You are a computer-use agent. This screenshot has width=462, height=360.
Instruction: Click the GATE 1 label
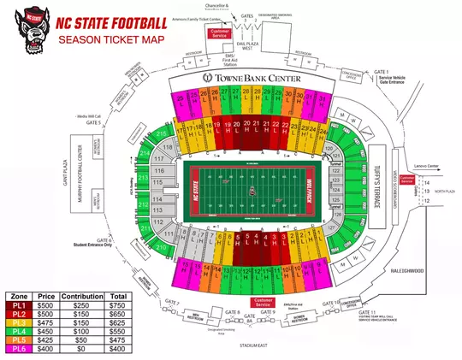point(381,72)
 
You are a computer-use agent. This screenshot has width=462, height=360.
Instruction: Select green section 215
point(161,135)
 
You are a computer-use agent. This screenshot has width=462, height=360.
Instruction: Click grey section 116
point(158,170)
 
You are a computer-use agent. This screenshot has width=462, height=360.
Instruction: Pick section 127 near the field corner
point(329,229)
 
